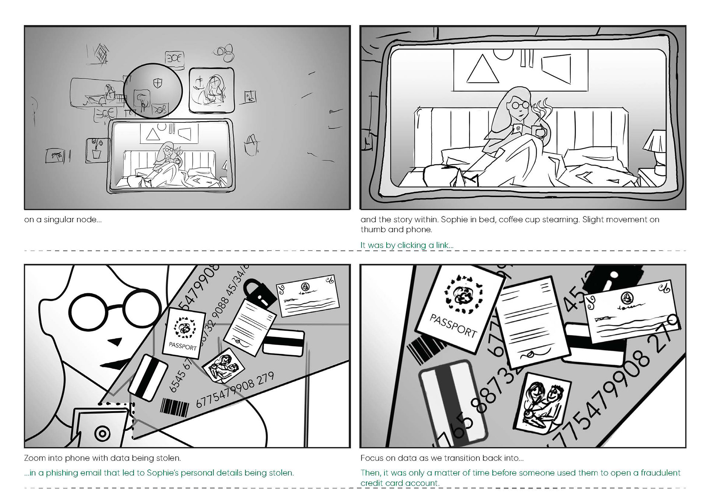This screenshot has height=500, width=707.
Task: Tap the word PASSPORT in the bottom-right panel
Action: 453,325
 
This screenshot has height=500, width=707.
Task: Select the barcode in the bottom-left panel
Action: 175,408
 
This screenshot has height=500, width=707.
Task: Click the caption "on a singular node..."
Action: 63,220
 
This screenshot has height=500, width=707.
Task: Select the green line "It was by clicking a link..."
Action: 407,245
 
